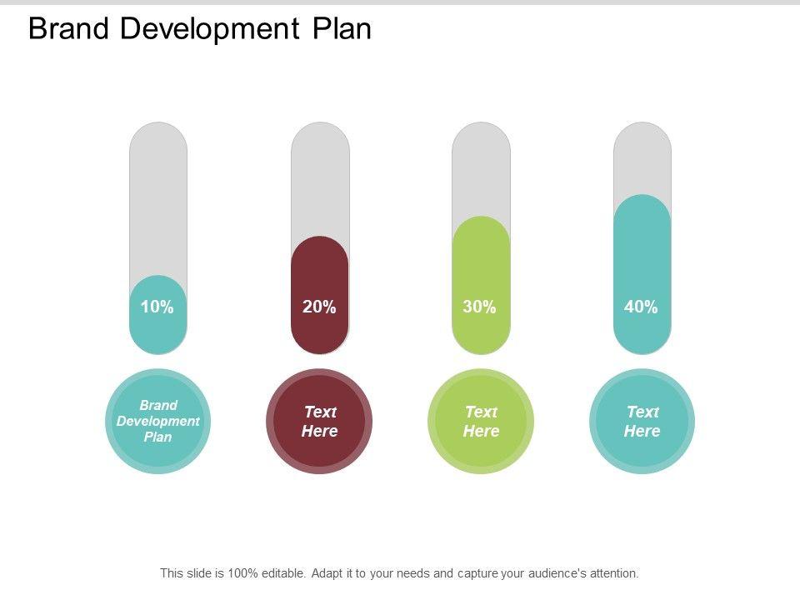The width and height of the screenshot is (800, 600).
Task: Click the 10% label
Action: tap(157, 307)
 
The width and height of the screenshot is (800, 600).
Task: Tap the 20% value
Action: tap(319, 307)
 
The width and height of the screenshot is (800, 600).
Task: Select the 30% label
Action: tap(480, 307)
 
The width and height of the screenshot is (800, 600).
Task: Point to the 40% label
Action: tap(641, 307)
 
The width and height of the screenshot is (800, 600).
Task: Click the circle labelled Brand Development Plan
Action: tap(157, 421)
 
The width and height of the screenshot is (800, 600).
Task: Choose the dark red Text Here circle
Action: tap(319, 421)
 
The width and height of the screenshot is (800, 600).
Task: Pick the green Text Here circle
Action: tap(481, 421)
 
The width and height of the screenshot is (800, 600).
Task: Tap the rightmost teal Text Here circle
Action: tap(642, 421)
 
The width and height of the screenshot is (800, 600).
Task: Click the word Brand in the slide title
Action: tap(68, 29)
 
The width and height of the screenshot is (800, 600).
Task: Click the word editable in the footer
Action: tap(283, 573)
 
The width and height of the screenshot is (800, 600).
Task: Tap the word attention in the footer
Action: tap(612, 573)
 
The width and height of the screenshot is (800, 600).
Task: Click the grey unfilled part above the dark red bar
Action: tap(320, 179)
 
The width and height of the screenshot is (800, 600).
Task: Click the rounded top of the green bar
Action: tap(481, 229)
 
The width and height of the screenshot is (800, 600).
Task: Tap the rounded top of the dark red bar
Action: tap(320, 249)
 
